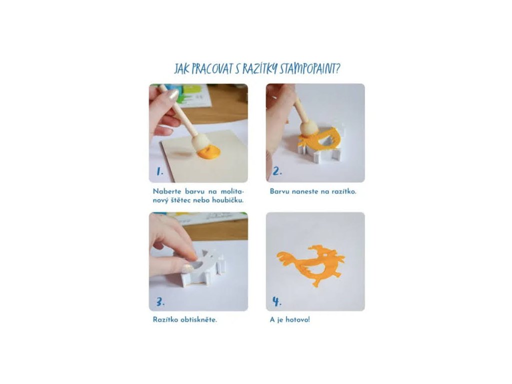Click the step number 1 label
[159, 171]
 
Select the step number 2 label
[277, 171]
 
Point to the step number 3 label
[160, 301]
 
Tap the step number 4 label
[276, 301]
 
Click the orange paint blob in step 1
[209, 153]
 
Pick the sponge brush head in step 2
[308, 128]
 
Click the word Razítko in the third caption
[164, 319]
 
